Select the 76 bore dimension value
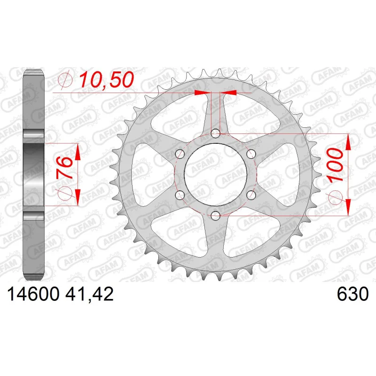64,167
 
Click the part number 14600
33,295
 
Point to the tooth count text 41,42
89,295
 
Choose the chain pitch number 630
352,294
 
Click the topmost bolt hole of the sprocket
216,133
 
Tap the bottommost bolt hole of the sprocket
216,216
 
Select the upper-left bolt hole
180,154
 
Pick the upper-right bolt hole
251,154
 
